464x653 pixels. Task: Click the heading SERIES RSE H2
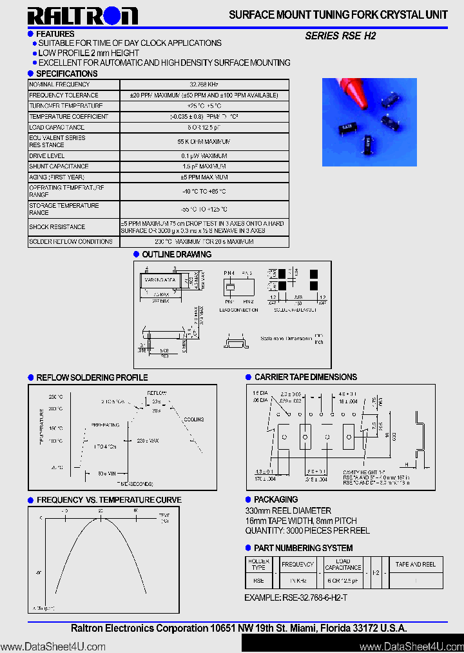(340, 37)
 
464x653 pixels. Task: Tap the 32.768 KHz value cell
(204, 85)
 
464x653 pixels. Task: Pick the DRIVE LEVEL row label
(47, 156)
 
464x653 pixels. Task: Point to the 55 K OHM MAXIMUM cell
(204, 141)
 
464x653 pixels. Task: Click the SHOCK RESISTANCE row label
(57, 227)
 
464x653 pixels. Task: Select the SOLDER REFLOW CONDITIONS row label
(71, 242)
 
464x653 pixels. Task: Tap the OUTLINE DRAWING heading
(176, 254)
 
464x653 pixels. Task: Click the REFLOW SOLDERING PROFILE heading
(92, 377)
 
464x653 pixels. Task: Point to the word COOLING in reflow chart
(193, 419)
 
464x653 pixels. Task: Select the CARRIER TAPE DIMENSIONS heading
(305, 377)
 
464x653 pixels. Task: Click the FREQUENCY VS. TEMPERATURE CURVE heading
(109, 500)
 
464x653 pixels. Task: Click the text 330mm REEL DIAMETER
(288, 510)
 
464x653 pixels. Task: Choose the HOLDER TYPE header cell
(258, 565)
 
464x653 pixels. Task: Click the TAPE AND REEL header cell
(415, 565)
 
